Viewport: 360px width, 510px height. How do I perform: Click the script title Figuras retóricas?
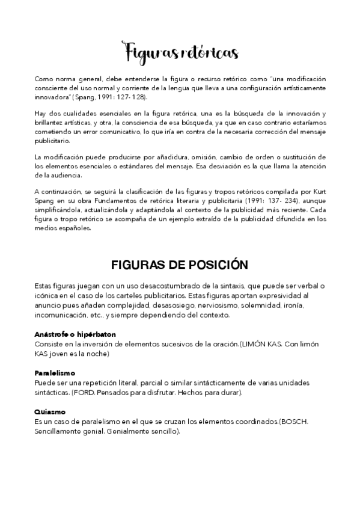(x=180, y=52)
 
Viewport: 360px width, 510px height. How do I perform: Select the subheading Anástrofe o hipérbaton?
(x=76, y=334)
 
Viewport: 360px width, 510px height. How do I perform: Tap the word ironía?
(x=290, y=306)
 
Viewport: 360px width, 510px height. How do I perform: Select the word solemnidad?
(x=252, y=306)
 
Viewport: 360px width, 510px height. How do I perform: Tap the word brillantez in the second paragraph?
(x=54, y=123)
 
